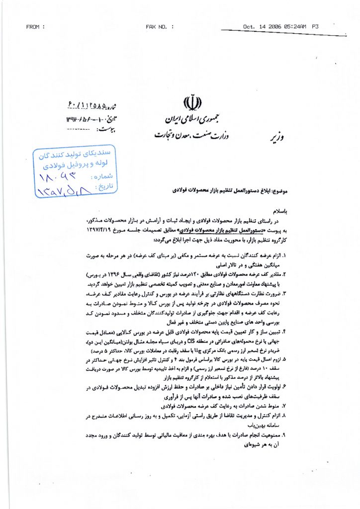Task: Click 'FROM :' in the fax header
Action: coord(35,26)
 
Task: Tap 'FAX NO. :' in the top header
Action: coord(160,26)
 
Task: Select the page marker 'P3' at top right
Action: coord(315,26)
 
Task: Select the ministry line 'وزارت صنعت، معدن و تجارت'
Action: coord(182,134)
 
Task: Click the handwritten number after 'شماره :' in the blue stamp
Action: coord(64,176)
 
